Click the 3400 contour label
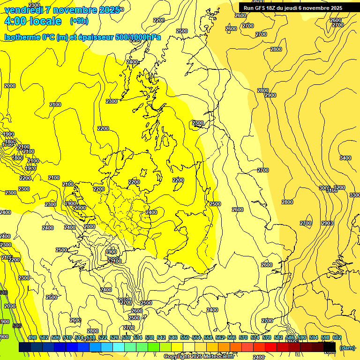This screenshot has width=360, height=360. (345, 158)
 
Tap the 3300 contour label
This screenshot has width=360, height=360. (355, 195)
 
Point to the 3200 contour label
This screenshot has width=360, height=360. (339, 187)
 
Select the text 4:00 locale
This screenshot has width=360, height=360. (32, 21)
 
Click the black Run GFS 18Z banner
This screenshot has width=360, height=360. (293, 8)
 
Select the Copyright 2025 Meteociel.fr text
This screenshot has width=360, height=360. (199, 357)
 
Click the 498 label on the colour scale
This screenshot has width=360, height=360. (32, 338)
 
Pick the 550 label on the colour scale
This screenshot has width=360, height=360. (185, 338)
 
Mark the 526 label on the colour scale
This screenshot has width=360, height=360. (114, 338)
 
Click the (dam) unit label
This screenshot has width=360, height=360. (347, 348)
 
